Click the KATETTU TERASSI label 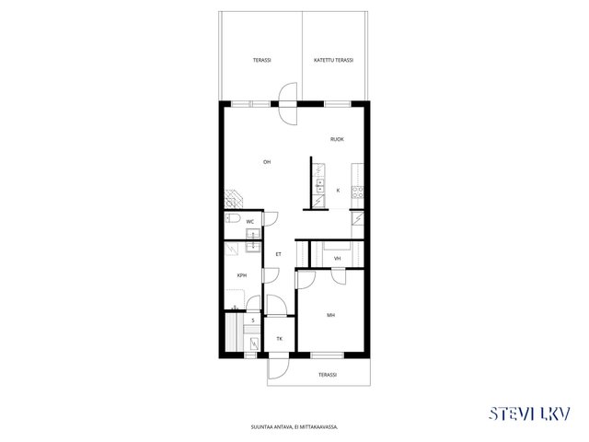point(333,60)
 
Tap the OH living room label point(267,162)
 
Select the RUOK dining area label point(337,139)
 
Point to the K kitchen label point(338,191)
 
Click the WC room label point(249,222)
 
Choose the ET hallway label point(278,254)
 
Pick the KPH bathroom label point(242,275)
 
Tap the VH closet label point(338,259)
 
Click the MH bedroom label point(330,315)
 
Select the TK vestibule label point(280,339)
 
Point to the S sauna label point(253,320)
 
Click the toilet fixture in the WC point(232,218)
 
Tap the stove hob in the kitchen point(357,192)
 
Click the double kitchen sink point(319,186)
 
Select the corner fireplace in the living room point(234,199)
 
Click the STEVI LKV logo point(530,413)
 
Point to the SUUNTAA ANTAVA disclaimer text point(294,427)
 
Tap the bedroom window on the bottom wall point(328,355)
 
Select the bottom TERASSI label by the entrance point(328,375)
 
